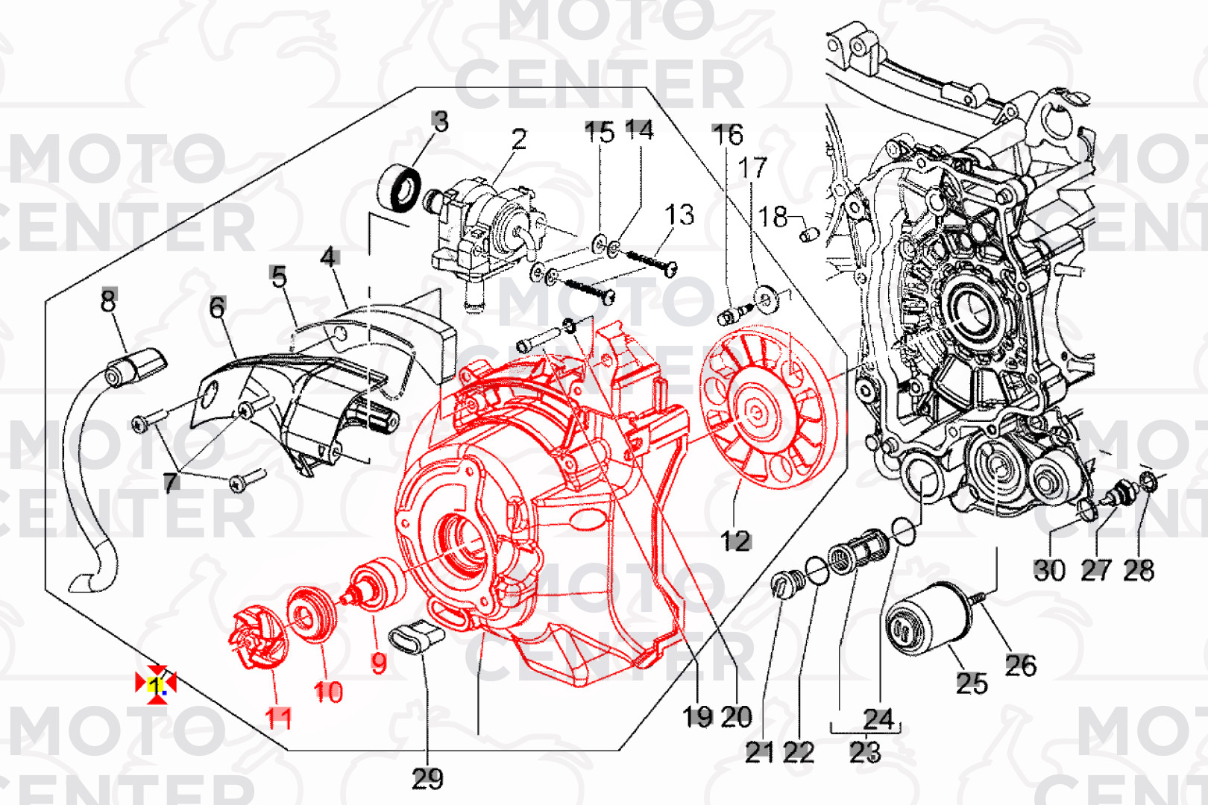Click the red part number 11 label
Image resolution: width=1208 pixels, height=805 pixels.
(x=279, y=719)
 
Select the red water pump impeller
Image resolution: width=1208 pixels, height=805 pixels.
(x=257, y=638)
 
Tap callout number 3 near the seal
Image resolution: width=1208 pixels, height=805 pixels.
(x=440, y=121)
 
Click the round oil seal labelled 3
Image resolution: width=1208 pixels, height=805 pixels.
(x=400, y=190)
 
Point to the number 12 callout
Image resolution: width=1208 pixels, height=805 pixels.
(x=735, y=541)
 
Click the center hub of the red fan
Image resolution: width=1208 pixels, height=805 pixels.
(x=755, y=411)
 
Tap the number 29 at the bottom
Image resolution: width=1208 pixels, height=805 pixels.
(x=427, y=779)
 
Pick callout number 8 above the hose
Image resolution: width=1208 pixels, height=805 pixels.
(x=109, y=300)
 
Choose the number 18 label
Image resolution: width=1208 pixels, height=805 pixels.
(x=773, y=217)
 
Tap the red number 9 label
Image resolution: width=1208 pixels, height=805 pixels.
(x=379, y=663)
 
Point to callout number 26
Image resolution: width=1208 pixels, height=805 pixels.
(x=1020, y=665)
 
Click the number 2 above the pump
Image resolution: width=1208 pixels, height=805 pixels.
(x=519, y=139)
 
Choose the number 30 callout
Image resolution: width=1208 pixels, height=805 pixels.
(x=1049, y=570)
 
